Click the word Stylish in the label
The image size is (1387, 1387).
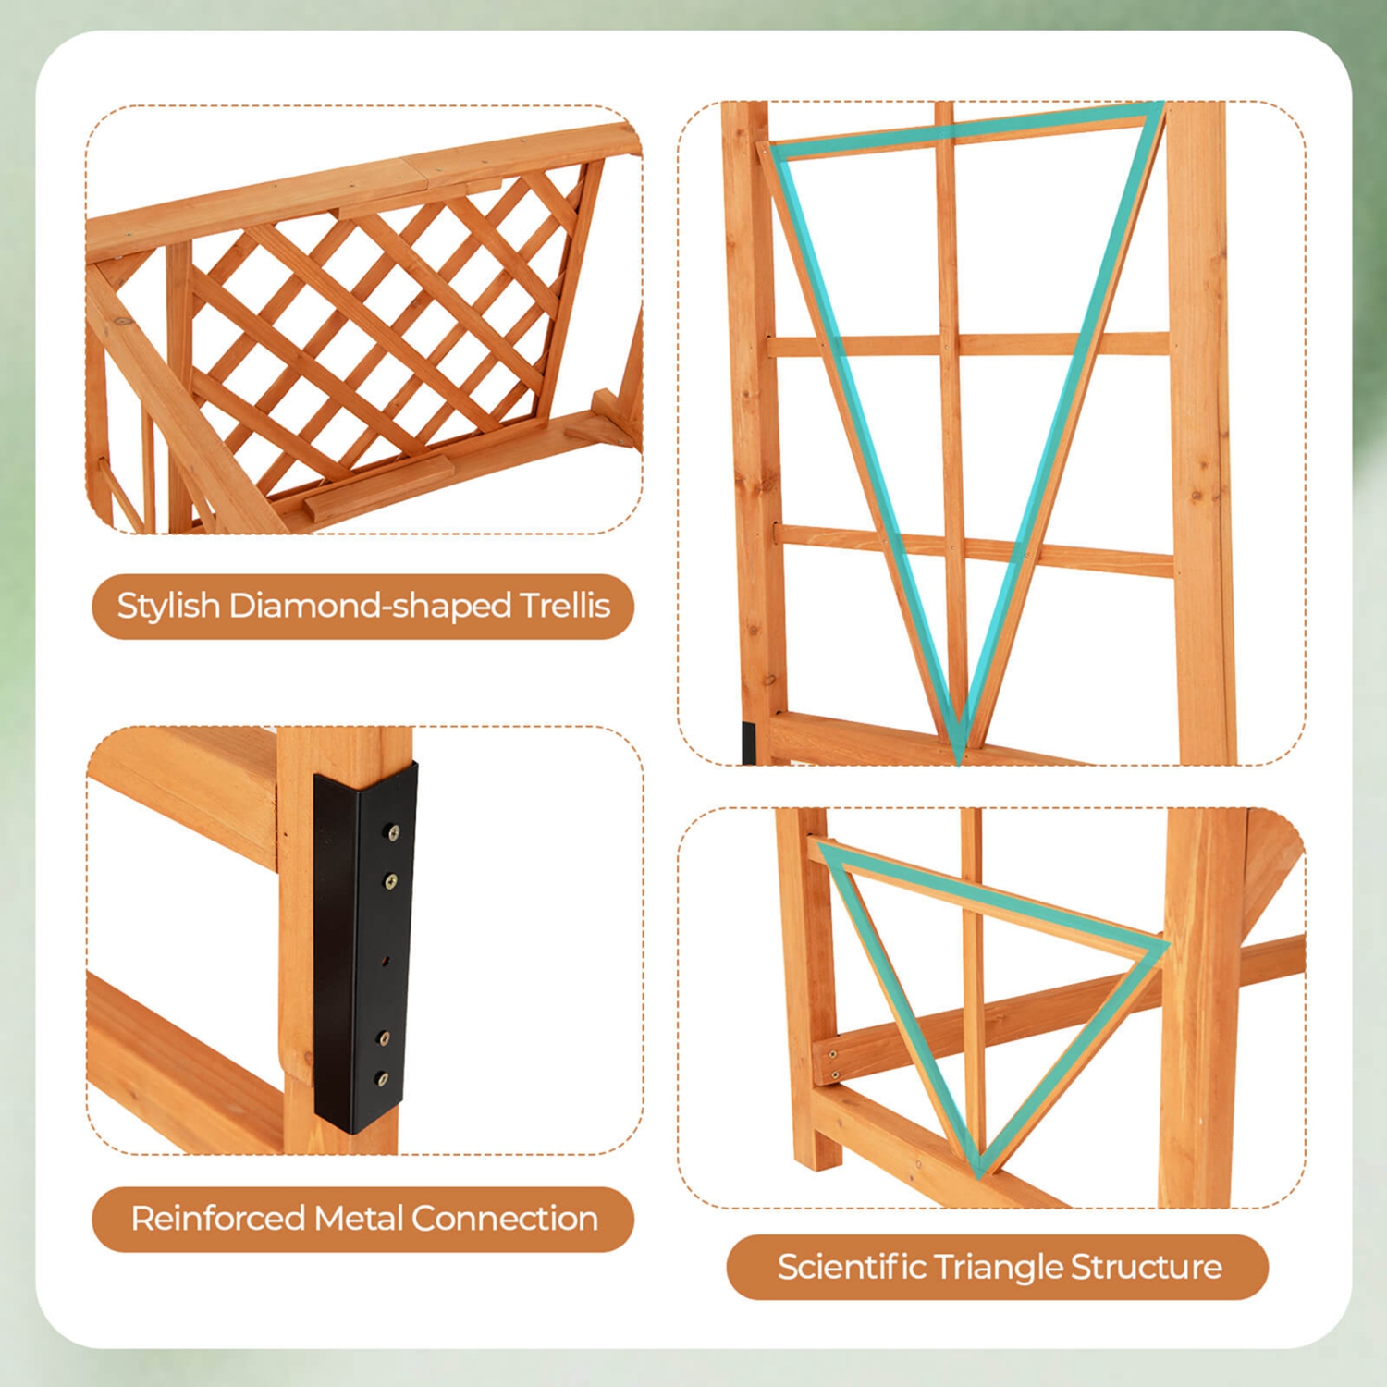coord(168,606)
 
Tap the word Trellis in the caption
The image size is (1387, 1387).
coord(564,606)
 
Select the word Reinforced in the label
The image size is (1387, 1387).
coord(217,1219)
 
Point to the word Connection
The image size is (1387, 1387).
coord(504,1219)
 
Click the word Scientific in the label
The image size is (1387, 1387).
coord(851,1267)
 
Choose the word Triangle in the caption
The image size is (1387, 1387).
coord(998,1267)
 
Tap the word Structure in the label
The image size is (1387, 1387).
coord(1146,1267)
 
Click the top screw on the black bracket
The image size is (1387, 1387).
coord(393,833)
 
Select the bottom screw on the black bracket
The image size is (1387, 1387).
coord(382,1079)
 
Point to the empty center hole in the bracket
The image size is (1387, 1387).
coord(387,960)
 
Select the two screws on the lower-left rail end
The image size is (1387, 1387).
coord(831,1064)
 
